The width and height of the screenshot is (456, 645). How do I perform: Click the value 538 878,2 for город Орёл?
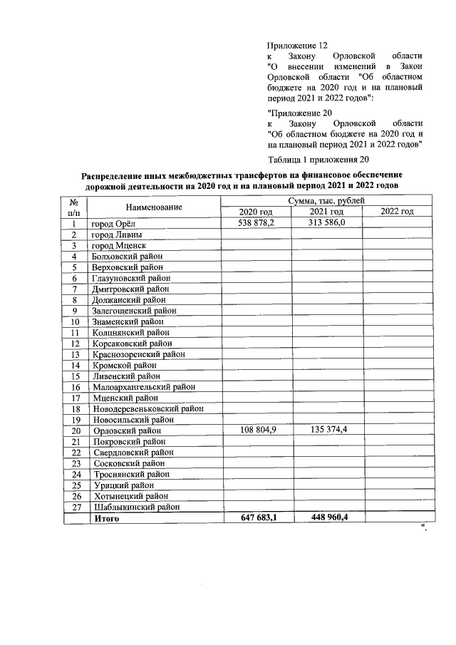[256, 223]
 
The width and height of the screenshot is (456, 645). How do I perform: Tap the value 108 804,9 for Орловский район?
[256, 430]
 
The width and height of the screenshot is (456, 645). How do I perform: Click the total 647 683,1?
[256, 518]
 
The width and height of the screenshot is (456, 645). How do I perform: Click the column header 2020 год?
[256, 212]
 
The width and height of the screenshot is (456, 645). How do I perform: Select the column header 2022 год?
[397, 212]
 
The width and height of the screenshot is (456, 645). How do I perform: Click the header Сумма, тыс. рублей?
[326, 201]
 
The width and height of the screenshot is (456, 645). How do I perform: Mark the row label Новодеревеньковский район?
[147, 409]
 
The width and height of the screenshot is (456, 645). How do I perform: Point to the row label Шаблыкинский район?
[135, 507]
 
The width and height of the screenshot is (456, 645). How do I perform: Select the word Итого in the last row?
[106, 518]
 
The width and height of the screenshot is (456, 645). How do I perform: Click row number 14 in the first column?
[74, 365]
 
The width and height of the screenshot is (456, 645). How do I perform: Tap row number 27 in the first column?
[74, 507]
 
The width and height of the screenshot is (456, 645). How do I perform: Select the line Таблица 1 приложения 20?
[318, 159]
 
